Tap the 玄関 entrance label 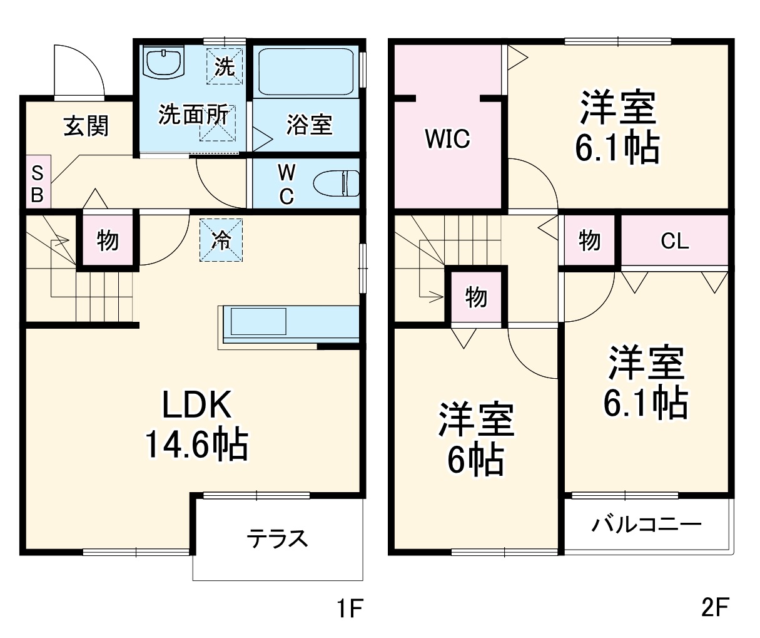[x=86, y=126]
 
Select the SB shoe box [x=37, y=185]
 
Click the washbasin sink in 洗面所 [x=164, y=63]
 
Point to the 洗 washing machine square [x=225, y=66]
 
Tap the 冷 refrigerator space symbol [x=221, y=239]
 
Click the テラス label [x=278, y=538]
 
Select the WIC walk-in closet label [x=447, y=139]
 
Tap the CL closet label [x=674, y=241]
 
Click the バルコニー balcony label [x=647, y=523]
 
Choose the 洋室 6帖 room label [x=476, y=438]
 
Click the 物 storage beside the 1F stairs [x=108, y=240]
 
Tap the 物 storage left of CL [x=589, y=240]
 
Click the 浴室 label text [x=309, y=125]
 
